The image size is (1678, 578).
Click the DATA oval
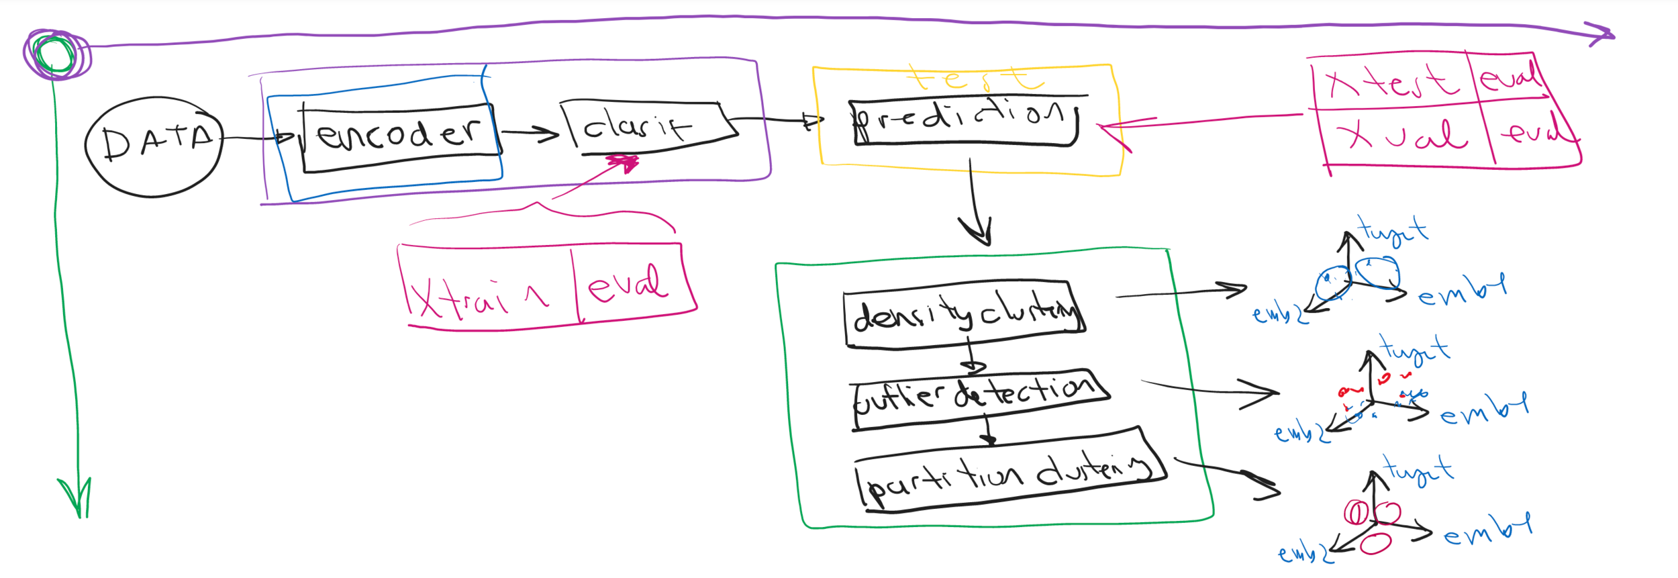click(x=154, y=146)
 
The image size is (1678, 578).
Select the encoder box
click(x=400, y=137)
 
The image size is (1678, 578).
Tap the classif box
click(x=644, y=126)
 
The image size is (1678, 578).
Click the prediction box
click(x=964, y=122)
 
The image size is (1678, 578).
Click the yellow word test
click(x=973, y=79)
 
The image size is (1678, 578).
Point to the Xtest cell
click(x=1393, y=83)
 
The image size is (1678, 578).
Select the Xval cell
click(x=1403, y=136)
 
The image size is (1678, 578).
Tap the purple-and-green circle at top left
click(x=56, y=54)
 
